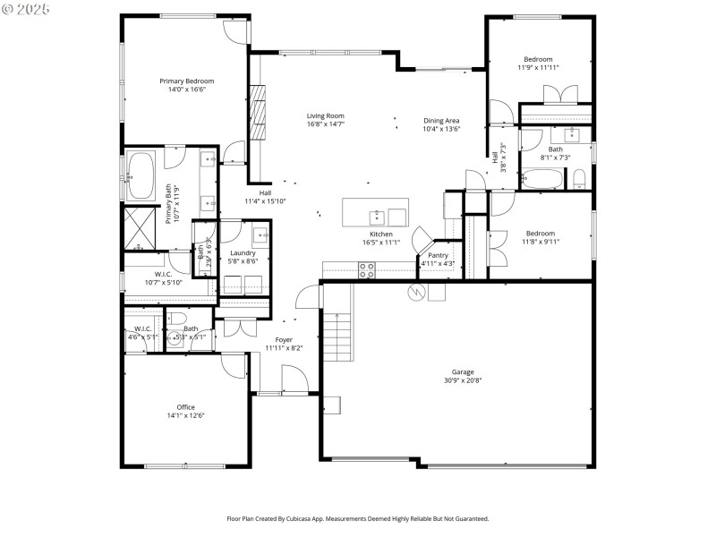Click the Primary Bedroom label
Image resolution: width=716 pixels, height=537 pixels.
[187, 81]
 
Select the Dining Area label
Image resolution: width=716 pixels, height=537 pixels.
[441, 121]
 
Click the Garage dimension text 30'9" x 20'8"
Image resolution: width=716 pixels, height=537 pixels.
[463, 379]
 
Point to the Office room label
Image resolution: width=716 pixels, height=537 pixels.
[185, 407]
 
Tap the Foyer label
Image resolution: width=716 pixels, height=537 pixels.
[284, 339]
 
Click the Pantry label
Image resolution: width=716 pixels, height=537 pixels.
[438, 255]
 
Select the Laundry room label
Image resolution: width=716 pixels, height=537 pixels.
[243, 253]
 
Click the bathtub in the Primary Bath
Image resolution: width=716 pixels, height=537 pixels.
[141, 175]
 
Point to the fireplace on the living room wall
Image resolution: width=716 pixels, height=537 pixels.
[259, 112]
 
